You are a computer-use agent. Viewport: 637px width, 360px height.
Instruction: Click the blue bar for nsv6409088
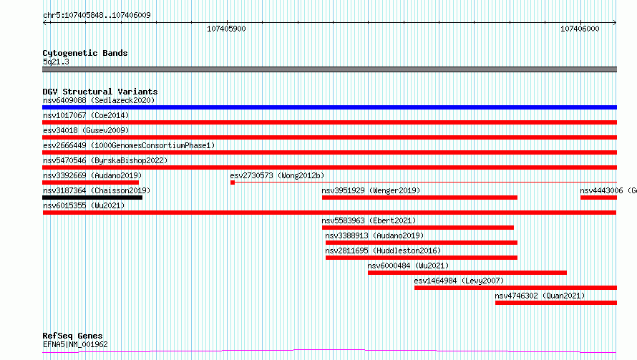tap(329, 107)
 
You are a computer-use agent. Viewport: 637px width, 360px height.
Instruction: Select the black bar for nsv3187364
tap(92, 198)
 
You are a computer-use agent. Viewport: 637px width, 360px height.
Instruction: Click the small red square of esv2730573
tap(233, 183)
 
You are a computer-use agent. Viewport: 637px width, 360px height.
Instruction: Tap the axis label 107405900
tap(226, 29)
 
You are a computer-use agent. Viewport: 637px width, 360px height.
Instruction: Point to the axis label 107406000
tap(580, 29)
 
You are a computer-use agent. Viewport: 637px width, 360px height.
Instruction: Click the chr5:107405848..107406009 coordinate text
tap(97, 15)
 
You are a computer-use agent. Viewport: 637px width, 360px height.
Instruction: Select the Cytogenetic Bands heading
tap(85, 53)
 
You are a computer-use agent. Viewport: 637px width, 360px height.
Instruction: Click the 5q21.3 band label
tap(56, 62)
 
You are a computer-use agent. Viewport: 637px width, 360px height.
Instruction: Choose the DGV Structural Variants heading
tap(100, 92)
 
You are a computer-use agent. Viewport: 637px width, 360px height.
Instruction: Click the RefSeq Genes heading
tap(72, 336)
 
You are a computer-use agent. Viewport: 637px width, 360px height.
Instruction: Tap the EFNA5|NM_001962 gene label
tap(75, 344)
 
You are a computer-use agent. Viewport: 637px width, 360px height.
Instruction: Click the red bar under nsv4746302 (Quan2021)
tap(556, 303)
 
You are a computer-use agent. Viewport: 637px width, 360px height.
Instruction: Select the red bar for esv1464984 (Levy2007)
tap(515, 288)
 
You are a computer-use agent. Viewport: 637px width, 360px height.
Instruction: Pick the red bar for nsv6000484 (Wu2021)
tap(467, 273)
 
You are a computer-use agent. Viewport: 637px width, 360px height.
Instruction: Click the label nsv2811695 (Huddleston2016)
tap(383, 250)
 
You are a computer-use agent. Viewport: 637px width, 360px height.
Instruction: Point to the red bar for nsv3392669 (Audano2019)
tap(91, 183)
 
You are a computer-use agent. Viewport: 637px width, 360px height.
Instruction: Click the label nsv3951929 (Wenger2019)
tap(371, 190)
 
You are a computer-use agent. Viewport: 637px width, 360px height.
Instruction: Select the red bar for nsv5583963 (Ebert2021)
tap(417, 228)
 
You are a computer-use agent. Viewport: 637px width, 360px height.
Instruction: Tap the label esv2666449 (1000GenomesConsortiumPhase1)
tap(129, 145)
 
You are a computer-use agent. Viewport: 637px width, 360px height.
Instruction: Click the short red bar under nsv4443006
tap(599, 198)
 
